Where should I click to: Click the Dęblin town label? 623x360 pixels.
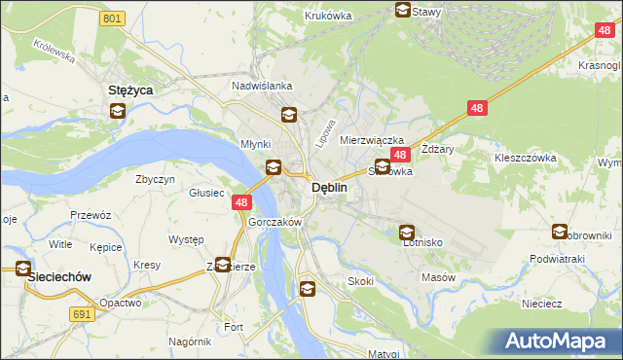click(x=329, y=188)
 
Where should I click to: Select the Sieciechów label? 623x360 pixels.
click(x=59, y=276)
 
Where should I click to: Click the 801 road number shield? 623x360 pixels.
click(x=113, y=18)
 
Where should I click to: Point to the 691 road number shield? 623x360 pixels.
click(x=82, y=313)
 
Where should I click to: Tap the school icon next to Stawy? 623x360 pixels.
click(x=402, y=11)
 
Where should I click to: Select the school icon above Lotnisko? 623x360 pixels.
click(x=407, y=233)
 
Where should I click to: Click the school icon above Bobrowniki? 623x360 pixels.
click(x=560, y=232)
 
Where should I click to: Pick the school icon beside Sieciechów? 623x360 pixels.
click(x=20, y=270)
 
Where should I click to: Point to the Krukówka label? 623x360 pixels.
click(x=327, y=16)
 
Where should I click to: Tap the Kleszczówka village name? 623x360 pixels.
click(x=525, y=157)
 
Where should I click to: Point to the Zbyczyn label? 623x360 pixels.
click(x=156, y=179)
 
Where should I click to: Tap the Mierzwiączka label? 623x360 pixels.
click(x=371, y=140)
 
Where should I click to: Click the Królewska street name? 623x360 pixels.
click(x=55, y=50)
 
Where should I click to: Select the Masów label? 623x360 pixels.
click(x=438, y=277)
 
